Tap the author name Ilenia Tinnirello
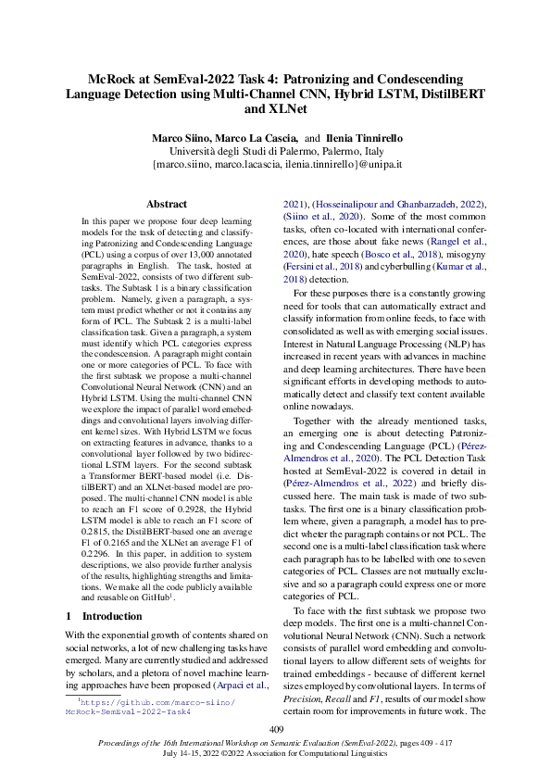pos(364,137)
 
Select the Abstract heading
pos(167,204)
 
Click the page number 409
pos(275,730)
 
